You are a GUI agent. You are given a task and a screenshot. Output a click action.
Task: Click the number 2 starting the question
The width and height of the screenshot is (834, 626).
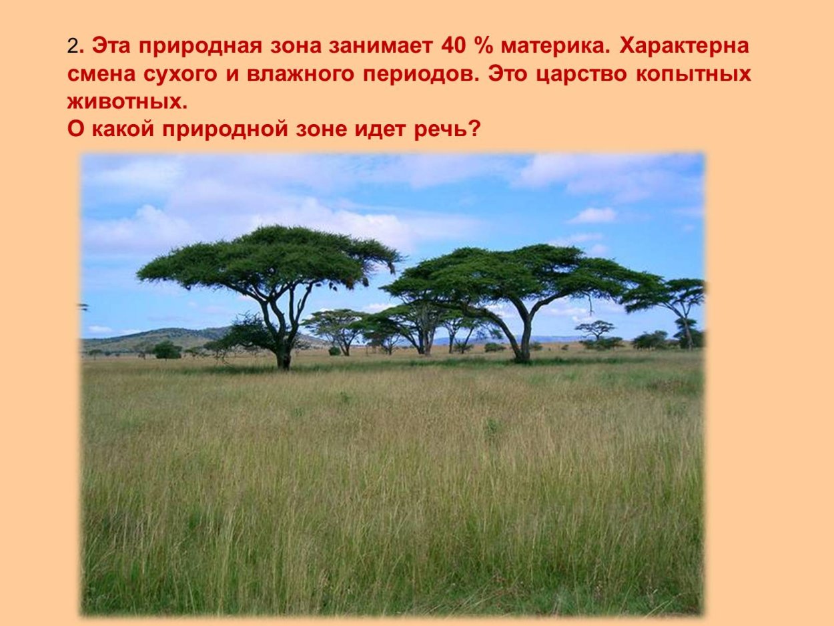point(72,47)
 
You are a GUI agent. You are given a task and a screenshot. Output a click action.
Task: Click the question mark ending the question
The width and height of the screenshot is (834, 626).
point(474,128)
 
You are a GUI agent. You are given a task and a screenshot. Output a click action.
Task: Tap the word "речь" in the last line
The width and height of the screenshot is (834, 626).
point(438,128)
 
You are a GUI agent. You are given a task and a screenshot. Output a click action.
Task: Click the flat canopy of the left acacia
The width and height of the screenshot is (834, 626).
point(267,257)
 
